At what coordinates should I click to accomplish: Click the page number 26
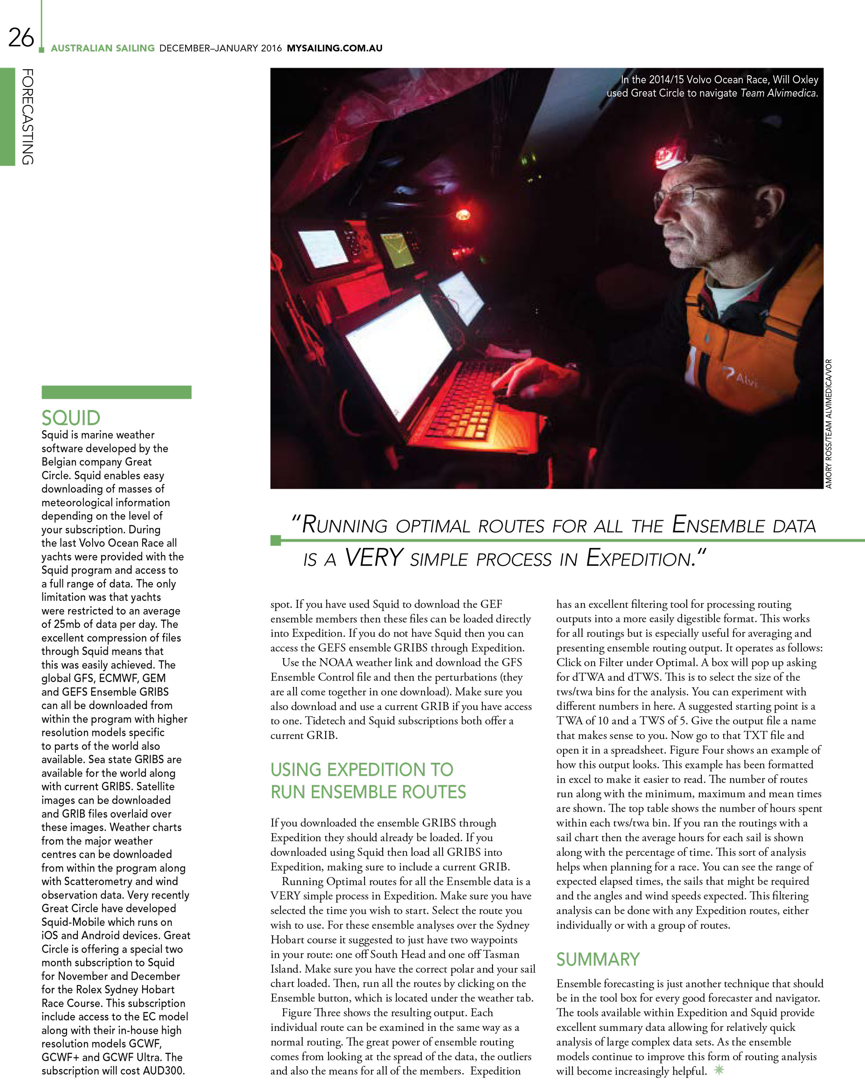(21, 38)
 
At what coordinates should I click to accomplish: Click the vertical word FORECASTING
(28, 117)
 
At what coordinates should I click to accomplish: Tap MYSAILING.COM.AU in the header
(334, 48)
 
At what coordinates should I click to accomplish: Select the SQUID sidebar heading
(70, 418)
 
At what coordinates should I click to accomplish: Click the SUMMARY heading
(598, 959)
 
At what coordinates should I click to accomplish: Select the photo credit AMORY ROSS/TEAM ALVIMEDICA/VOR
(828, 424)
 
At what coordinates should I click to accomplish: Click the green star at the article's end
(719, 1069)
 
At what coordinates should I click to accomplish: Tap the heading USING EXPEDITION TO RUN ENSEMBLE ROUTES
(368, 780)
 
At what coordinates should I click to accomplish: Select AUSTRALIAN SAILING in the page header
(103, 48)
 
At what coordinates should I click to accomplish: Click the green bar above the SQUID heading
(116, 392)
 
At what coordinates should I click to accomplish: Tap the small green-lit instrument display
(397, 249)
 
